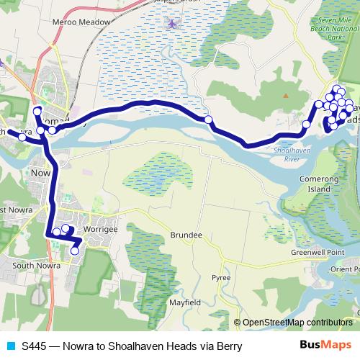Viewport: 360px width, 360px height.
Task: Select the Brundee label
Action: pyautogui.click(x=186, y=235)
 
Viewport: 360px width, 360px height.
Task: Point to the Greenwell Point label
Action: pyautogui.click(x=333, y=252)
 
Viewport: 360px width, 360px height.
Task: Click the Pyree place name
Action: pyautogui.click(x=220, y=277)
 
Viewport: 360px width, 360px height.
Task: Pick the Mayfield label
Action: pyautogui.click(x=185, y=302)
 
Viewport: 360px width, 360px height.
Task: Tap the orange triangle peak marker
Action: pyautogui.click(x=285, y=94)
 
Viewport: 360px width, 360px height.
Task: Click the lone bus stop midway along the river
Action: pyautogui.click(x=208, y=120)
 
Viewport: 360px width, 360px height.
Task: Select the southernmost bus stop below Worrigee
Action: pyautogui.click(x=74, y=251)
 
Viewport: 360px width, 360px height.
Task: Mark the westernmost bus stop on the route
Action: pyautogui.click(x=22, y=138)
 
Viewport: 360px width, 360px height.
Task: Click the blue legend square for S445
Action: pyautogui.click(x=10, y=346)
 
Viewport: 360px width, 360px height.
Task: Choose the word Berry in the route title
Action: pyautogui.click(x=228, y=346)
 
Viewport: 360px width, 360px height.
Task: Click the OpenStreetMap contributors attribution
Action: pyautogui.click(x=296, y=322)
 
